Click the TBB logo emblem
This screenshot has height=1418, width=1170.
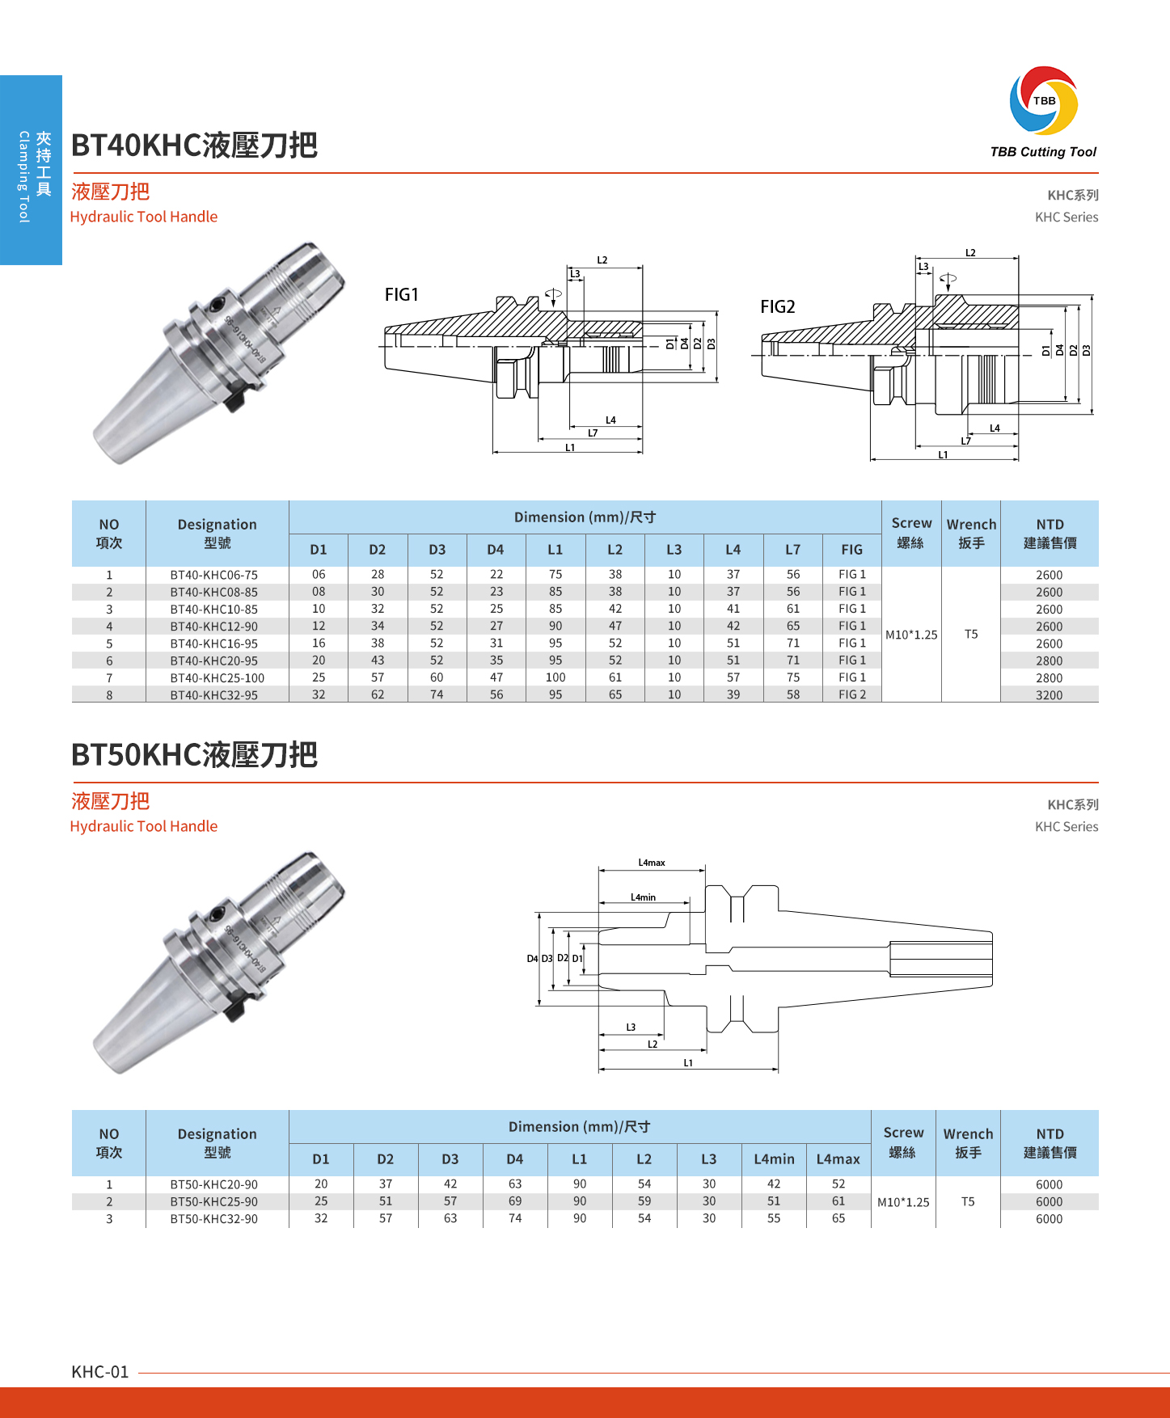coord(1043,100)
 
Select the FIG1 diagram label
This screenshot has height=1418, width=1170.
coord(402,295)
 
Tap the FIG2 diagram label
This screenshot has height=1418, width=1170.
coord(778,307)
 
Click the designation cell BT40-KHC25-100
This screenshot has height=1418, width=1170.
coord(217,678)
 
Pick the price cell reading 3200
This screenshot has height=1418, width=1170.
coord(1049,695)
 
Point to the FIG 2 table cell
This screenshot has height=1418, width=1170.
coord(851,695)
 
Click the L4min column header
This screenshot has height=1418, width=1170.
coord(774,1159)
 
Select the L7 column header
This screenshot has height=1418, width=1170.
coord(792,550)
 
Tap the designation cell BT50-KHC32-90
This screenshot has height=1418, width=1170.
coord(213,1219)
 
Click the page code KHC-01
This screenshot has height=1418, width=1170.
coord(100,1372)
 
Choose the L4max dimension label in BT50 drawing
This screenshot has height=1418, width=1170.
coord(652,863)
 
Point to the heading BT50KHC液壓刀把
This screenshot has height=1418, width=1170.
coord(194,755)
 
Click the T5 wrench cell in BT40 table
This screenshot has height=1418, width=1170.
coord(971,635)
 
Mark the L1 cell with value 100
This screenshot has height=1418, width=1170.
coord(555,677)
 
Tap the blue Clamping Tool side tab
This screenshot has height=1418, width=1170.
coord(32,171)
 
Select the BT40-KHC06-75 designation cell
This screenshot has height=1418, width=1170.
coord(213,576)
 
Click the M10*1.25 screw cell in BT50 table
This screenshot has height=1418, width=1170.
coord(903,1202)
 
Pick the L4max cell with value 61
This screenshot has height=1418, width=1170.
coord(838,1201)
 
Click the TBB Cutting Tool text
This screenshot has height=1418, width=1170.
coord(1043,152)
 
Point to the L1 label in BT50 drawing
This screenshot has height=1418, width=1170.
coord(688,1063)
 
